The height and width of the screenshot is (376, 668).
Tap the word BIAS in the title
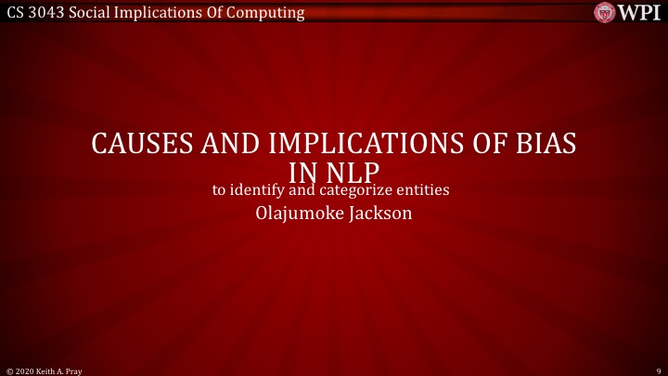(543, 145)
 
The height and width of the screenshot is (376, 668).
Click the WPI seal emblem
(605, 12)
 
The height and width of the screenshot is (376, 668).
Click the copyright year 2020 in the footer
(26, 370)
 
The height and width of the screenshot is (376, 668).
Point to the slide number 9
(656, 370)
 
